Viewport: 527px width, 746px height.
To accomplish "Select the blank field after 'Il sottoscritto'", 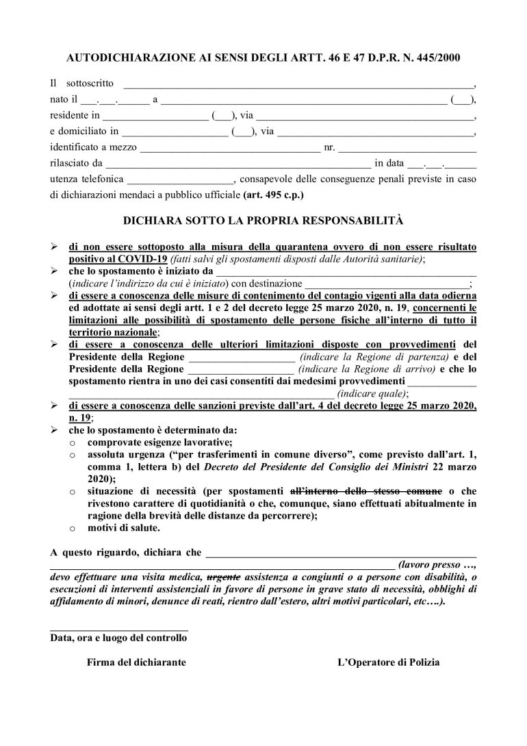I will (x=297, y=84).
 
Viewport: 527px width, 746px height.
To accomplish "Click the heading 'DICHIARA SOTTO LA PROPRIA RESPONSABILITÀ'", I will (x=263, y=222).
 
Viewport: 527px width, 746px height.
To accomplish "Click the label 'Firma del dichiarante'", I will (x=136, y=663).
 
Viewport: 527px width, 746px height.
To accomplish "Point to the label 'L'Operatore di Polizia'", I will (x=389, y=663).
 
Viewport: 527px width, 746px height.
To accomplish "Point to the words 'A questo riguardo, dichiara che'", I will (x=126, y=554).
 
